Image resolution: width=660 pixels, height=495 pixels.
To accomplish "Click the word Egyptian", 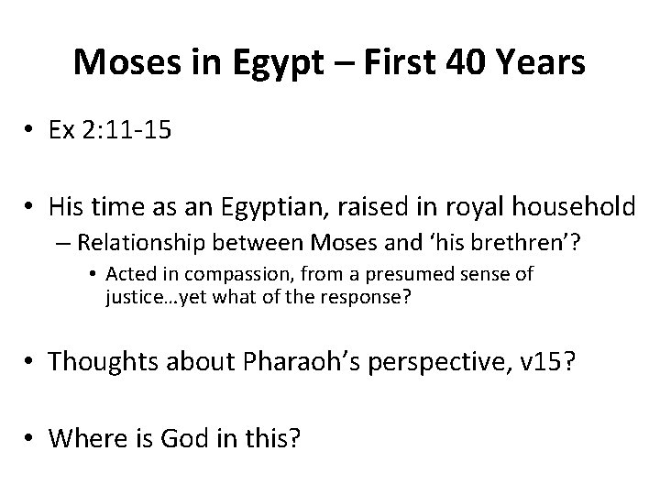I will [x=262, y=209].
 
